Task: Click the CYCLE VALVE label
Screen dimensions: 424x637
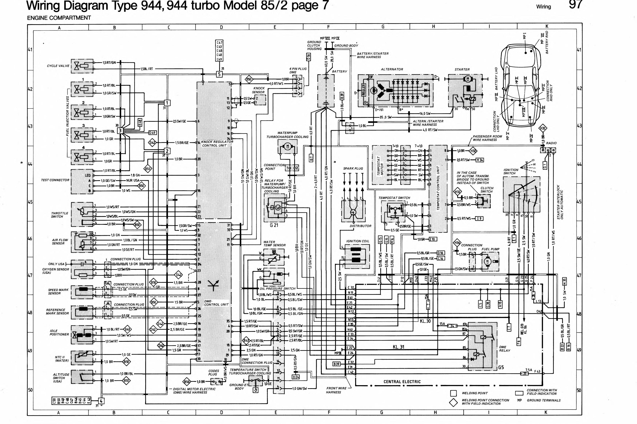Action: click(58, 66)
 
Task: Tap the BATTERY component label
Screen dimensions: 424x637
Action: click(339, 71)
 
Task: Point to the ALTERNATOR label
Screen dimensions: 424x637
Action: click(392, 69)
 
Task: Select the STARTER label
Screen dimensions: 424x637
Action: click(462, 69)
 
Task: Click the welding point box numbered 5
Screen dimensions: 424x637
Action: click(219, 74)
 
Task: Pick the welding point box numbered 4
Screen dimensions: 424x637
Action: click(101, 401)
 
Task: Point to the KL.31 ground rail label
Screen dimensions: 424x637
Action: click(398, 347)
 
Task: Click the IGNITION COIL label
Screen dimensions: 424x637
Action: click(357, 241)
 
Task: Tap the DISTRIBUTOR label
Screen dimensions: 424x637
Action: click(360, 226)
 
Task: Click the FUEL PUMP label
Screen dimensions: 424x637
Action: click(490, 249)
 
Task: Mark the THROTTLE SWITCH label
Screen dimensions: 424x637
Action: click(60, 215)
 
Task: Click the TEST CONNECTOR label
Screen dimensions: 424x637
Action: click(55, 180)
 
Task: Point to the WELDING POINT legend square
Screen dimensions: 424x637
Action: click(453, 393)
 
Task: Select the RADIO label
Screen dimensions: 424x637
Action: click(551, 143)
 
